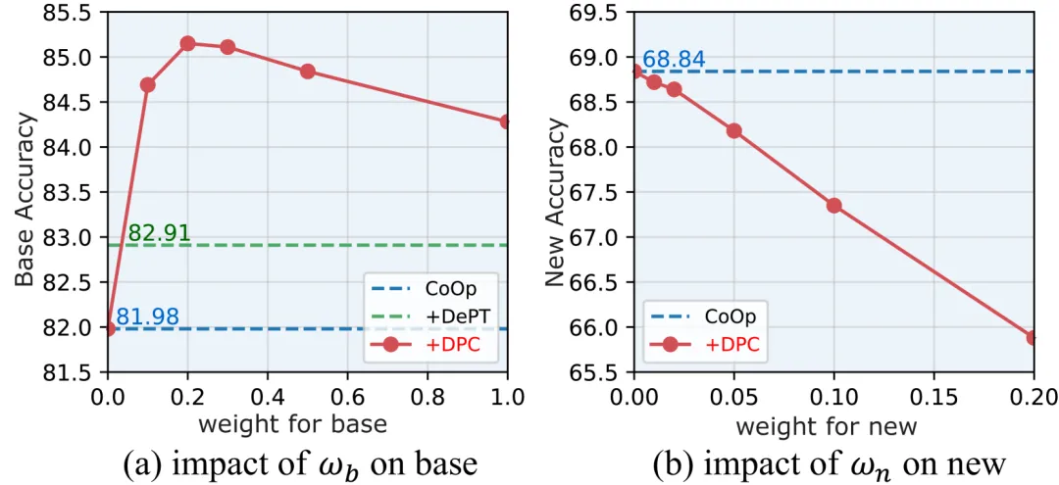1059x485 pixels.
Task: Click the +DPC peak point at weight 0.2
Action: [187, 43]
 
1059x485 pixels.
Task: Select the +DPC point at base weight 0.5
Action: [307, 72]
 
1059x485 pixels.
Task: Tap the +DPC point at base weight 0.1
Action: [147, 85]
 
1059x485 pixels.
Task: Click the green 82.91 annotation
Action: [159, 233]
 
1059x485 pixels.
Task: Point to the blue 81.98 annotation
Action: [147, 316]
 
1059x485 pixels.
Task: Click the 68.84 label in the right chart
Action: [674, 60]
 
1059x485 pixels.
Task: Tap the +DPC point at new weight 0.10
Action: [834, 206]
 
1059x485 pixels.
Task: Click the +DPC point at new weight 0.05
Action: [733, 130]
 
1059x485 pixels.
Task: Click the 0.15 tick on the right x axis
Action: [933, 397]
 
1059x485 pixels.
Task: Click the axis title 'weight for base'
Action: [293, 424]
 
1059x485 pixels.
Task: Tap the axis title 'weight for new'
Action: [826, 426]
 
